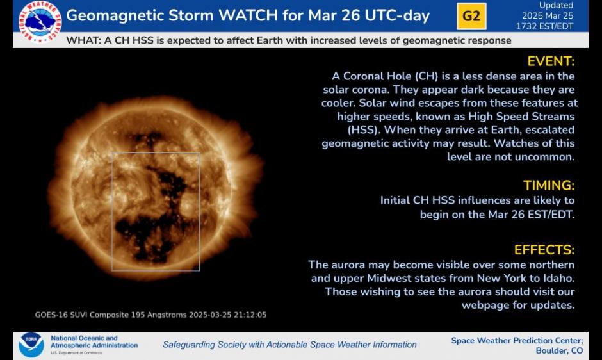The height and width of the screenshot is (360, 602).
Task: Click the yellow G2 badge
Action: pyautogui.click(x=471, y=16)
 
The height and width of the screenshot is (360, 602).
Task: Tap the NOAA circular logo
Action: pyautogui.click(x=31, y=345)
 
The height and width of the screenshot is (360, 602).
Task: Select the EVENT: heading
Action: pyautogui.click(x=551, y=61)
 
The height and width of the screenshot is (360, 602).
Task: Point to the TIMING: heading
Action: pyautogui.click(x=549, y=186)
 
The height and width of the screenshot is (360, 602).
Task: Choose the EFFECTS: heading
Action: pyautogui.click(x=544, y=250)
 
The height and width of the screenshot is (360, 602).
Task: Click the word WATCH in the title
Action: pyautogui.click(x=248, y=16)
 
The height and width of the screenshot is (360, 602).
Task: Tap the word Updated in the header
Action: pyautogui.click(x=556, y=5)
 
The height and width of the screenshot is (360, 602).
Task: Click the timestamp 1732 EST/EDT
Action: pyautogui.click(x=544, y=26)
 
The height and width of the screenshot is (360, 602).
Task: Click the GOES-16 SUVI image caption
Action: pyautogui.click(x=150, y=315)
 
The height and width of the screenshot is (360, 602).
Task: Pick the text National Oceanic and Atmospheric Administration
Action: pyautogui.click(x=94, y=341)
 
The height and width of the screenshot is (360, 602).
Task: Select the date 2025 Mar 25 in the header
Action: pyautogui.click(x=548, y=16)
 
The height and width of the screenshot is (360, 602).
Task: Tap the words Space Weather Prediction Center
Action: pyautogui.click(x=517, y=340)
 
